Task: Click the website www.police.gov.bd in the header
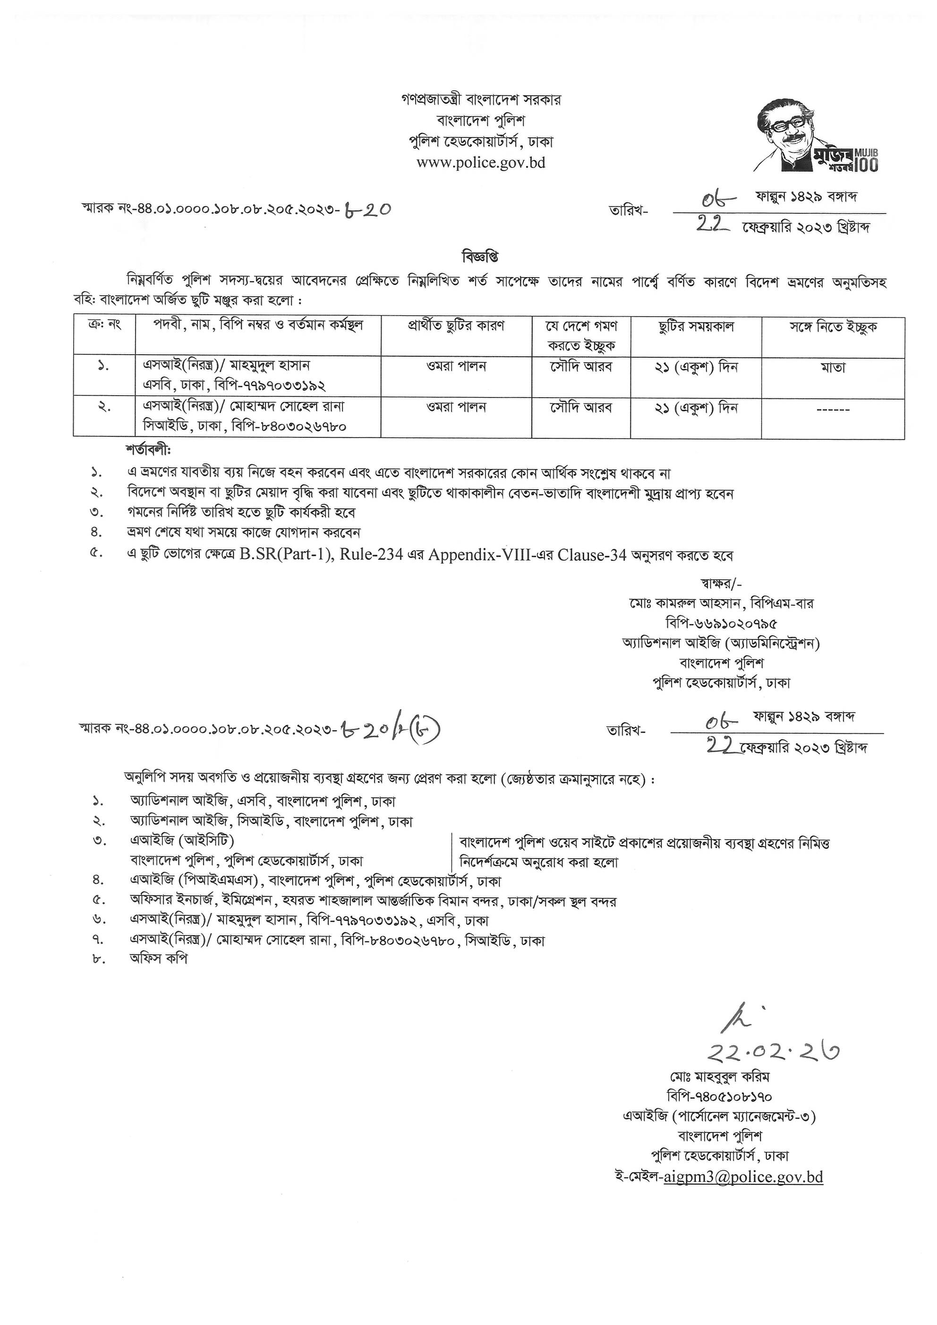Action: [481, 163]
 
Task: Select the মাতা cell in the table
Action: [833, 367]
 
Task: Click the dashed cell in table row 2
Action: [833, 410]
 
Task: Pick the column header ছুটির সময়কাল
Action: [696, 327]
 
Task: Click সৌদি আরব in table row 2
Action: [581, 408]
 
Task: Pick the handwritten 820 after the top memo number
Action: [367, 210]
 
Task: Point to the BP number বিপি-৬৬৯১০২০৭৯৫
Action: [721, 623]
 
